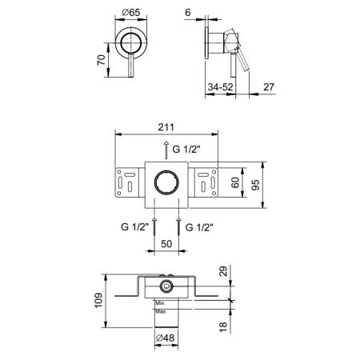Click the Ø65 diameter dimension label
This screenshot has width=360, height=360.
[131, 12]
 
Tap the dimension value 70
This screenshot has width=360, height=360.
[102, 60]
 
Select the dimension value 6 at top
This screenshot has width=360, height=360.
[188, 12]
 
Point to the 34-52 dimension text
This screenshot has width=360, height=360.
[221, 87]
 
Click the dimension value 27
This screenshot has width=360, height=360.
[269, 87]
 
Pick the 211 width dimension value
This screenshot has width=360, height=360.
[166, 127]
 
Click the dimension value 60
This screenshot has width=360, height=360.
[235, 182]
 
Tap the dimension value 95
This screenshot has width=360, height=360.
[255, 185]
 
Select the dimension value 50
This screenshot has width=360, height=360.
[166, 244]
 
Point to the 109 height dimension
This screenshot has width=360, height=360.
[98, 300]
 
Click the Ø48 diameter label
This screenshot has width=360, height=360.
[166, 338]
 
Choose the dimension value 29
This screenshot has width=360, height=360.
[224, 271]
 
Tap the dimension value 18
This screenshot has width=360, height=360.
[223, 326]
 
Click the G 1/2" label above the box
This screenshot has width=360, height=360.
[186, 149]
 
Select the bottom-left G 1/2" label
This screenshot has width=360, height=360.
[134, 227]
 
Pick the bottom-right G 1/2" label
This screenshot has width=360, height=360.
[199, 227]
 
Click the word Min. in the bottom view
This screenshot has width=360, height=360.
[161, 303]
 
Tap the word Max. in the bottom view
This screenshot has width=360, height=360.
[161, 311]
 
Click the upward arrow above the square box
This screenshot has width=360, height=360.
[166, 150]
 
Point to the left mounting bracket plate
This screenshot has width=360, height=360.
[127, 182]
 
